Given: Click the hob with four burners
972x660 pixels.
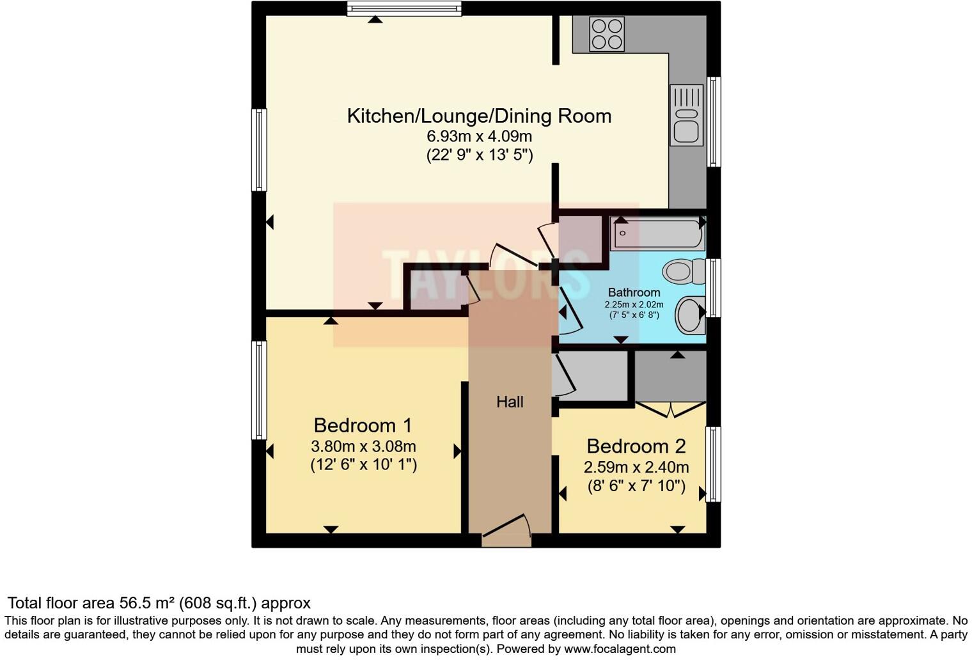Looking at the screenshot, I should (x=606, y=34).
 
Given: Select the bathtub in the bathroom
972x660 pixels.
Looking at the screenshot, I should (x=657, y=234).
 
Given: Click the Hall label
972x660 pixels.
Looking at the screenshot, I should (x=510, y=402).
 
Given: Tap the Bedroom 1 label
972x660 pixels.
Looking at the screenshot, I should (x=363, y=425).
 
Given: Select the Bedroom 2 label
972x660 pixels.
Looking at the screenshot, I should (x=636, y=446).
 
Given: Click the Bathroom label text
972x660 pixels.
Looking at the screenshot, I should (x=634, y=292).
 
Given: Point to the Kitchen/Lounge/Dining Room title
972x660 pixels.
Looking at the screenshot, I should (x=479, y=116).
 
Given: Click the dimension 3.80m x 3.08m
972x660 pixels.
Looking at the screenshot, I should (x=363, y=446).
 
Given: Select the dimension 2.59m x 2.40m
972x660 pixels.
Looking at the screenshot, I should (x=636, y=467).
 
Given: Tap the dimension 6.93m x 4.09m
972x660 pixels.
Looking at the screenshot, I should (x=479, y=136).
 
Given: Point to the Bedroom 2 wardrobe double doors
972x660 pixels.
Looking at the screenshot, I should (x=671, y=409).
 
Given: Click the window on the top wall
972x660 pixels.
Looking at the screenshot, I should (x=404, y=8).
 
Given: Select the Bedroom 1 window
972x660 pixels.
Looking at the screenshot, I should (x=259, y=390).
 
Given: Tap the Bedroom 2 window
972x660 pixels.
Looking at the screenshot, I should (x=713, y=464).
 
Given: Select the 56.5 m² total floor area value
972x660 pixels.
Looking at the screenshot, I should (x=147, y=603).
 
